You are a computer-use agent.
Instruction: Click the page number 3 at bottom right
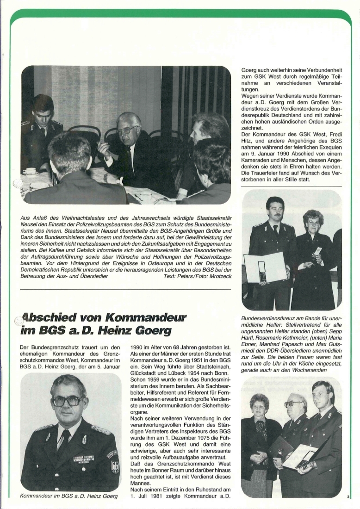(x=348, y=497)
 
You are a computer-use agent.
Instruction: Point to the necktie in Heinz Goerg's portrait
(x=64, y=438)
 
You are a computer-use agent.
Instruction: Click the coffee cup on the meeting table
(x=31, y=171)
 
